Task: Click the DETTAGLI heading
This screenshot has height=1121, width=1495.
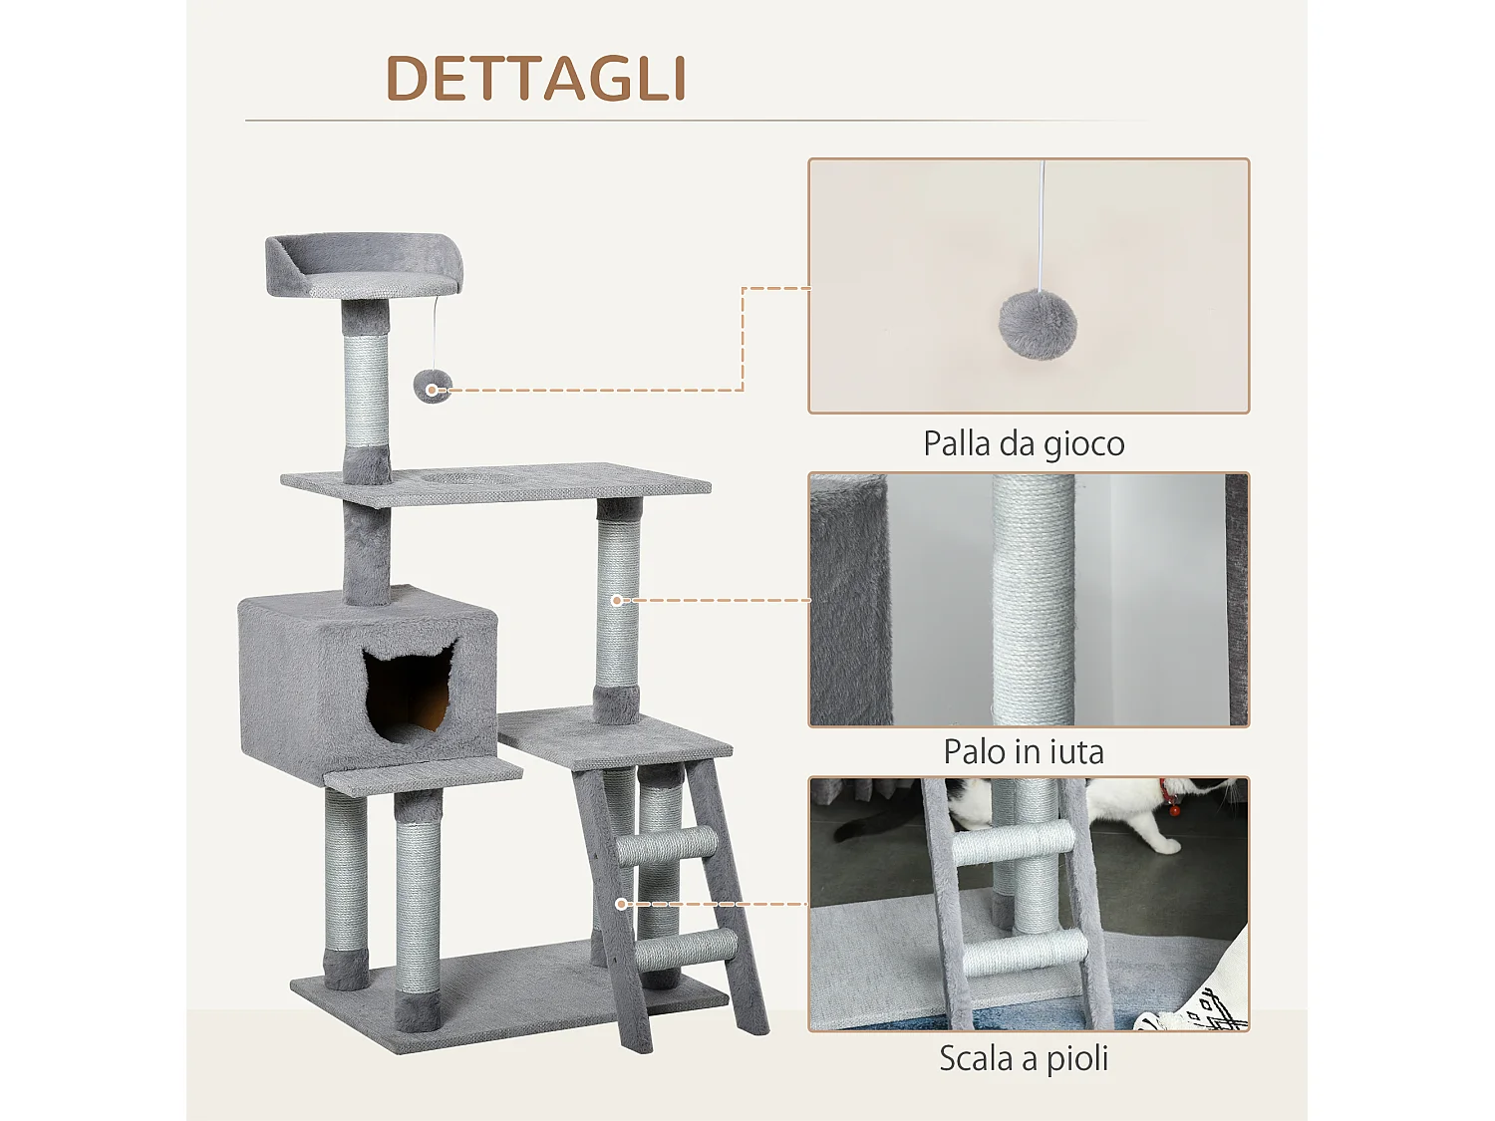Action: tap(536, 78)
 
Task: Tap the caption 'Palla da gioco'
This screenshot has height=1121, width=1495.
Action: tap(1024, 443)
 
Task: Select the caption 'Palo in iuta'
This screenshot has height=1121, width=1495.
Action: tap(1024, 751)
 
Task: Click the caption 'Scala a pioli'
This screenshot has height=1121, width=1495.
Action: tap(1024, 1058)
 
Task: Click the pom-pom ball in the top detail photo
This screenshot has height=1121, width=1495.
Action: tap(1038, 324)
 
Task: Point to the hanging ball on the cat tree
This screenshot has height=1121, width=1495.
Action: tap(433, 386)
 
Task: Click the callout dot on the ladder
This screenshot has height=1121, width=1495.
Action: tap(621, 904)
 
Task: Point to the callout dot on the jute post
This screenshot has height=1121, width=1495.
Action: tap(617, 600)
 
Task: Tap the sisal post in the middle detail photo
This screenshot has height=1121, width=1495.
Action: tap(1034, 598)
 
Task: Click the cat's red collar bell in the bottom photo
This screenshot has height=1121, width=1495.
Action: tap(1174, 808)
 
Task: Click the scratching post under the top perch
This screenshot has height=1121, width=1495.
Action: tap(366, 389)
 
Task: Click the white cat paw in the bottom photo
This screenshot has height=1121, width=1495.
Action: tap(1161, 843)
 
